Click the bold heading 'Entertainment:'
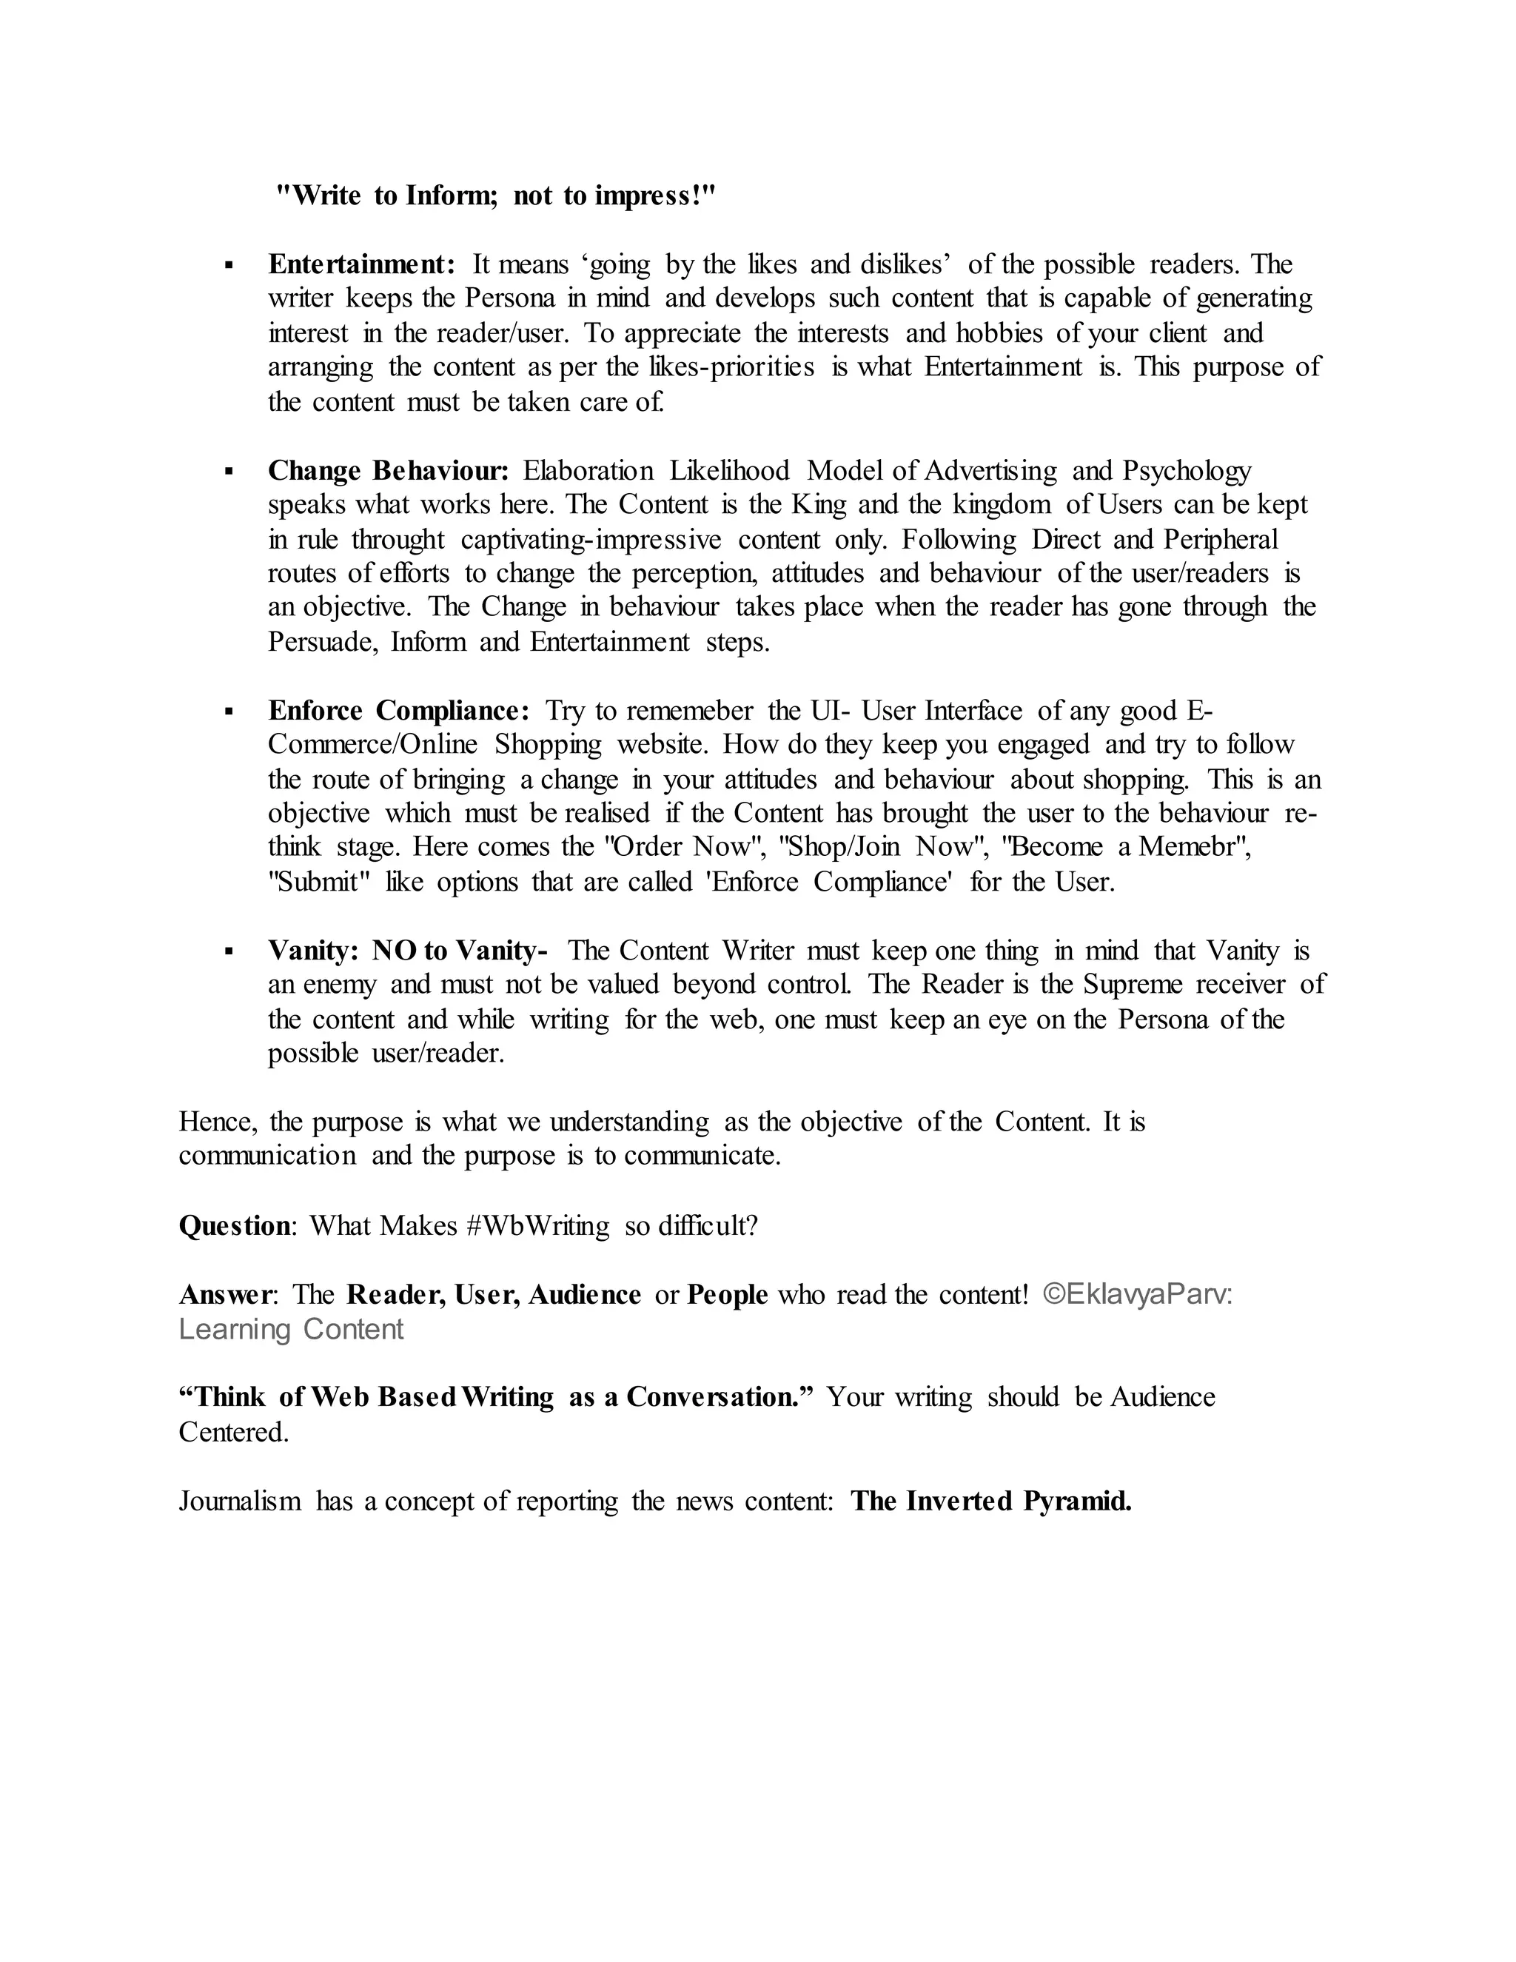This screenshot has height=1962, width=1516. tap(362, 264)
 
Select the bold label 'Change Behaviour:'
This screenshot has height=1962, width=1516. tap(389, 471)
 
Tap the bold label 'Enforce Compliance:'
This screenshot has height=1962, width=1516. tap(400, 711)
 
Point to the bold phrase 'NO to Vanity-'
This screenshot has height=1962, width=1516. tap(460, 951)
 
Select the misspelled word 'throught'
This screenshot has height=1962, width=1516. tap(398, 540)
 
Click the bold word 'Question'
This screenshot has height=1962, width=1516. tap(235, 1225)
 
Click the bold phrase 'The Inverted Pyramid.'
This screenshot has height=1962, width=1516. tap(990, 1501)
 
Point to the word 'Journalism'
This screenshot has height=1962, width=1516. tap(240, 1501)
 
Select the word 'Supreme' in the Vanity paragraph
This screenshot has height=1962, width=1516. tap(1132, 985)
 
